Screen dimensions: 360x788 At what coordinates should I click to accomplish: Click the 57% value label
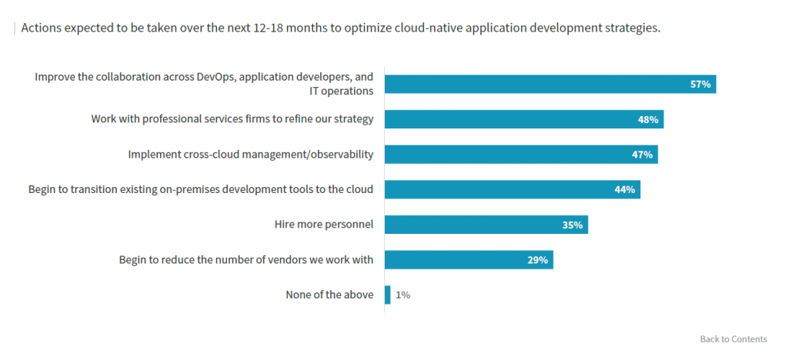pyautogui.click(x=700, y=84)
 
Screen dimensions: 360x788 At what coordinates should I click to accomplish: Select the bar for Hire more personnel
pyautogui.click(x=486, y=225)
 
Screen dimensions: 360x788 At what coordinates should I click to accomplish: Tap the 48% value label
pyautogui.click(x=647, y=119)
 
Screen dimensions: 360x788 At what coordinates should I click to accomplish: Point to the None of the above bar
pyautogui.click(x=387, y=295)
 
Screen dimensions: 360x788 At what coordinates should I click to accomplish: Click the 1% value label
pyautogui.click(x=403, y=295)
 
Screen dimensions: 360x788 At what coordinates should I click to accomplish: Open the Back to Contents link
pyautogui.click(x=733, y=339)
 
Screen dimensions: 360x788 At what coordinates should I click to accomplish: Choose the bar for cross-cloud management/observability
pyautogui.click(x=520, y=154)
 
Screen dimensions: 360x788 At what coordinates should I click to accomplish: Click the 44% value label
pyautogui.click(x=624, y=189)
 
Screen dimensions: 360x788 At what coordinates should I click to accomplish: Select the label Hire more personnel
pyautogui.click(x=323, y=225)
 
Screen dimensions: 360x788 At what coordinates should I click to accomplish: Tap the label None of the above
pyautogui.click(x=329, y=295)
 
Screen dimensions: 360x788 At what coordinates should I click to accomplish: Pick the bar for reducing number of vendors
pyautogui.click(x=468, y=260)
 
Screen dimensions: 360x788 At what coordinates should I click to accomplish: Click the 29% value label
pyautogui.click(x=537, y=260)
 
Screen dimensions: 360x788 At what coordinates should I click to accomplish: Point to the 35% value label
pyautogui.click(x=573, y=225)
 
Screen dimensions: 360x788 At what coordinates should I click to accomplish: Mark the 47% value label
pyautogui.click(x=642, y=154)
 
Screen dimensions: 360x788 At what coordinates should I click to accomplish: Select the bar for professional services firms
pyautogui.click(x=523, y=119)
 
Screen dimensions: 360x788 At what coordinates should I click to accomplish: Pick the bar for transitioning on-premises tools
pyautogui.click(x=512, y=189)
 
